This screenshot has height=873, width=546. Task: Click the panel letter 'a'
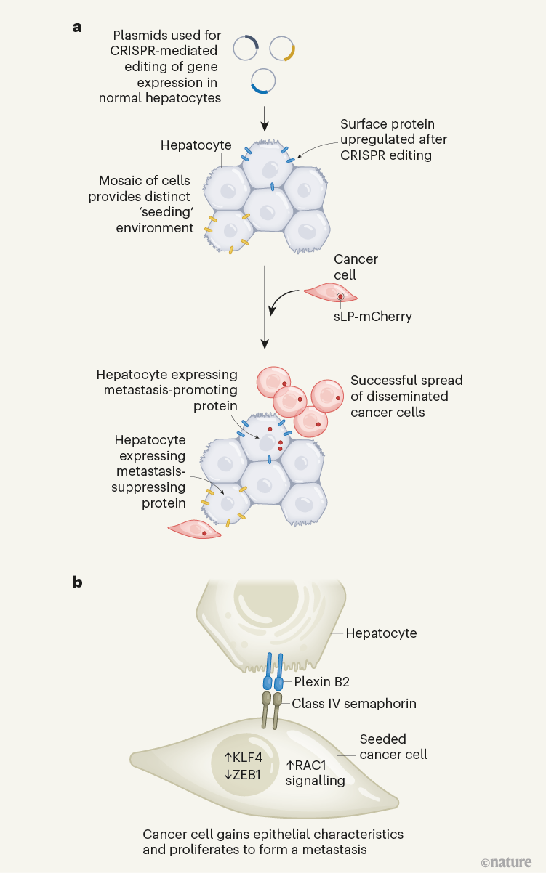[76, 27]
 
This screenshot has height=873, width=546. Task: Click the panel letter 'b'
[76, 582]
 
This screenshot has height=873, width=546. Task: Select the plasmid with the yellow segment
[282, 49]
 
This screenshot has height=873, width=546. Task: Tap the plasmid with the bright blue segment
[262, 81]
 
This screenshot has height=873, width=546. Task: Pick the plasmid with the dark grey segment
[246, 49]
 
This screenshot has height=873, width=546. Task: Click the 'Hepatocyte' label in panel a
[196, 145]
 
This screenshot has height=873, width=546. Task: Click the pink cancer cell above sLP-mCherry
[331, 293]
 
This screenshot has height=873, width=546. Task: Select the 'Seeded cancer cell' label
[393, 747]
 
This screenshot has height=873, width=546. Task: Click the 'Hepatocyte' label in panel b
[381, 633]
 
